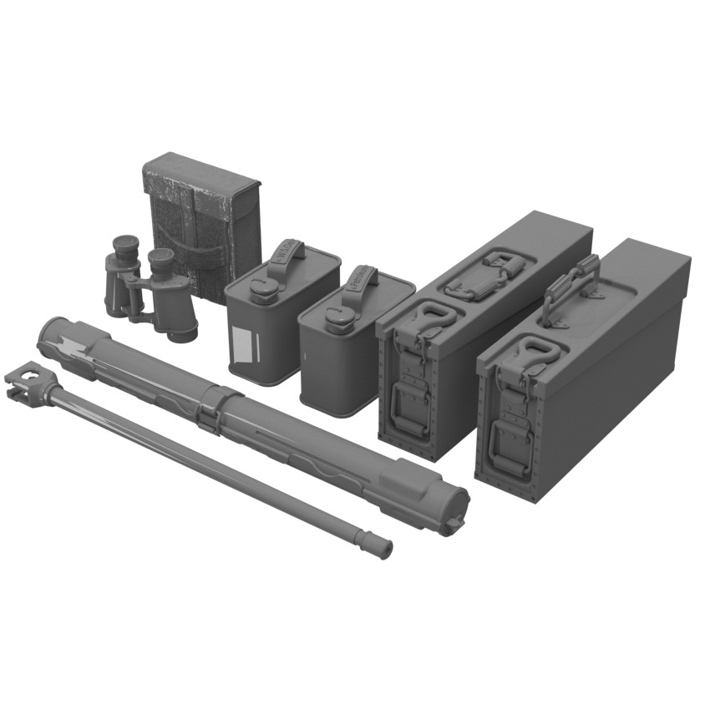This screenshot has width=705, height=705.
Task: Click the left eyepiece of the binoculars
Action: [125, 245]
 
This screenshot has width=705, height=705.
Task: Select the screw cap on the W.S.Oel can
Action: [264, 289]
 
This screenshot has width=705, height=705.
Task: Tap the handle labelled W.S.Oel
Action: [287, 253]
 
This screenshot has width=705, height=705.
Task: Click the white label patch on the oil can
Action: [241, 346]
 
